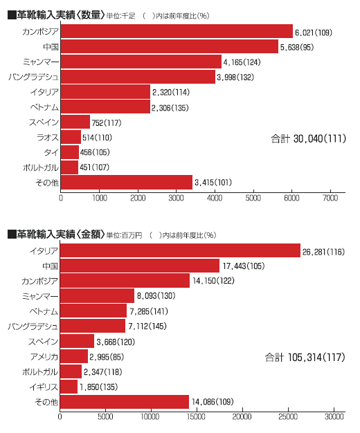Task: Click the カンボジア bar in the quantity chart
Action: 177,31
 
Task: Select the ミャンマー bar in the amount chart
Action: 97,296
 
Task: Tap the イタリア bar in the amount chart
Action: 180,250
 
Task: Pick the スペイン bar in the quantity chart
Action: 75,122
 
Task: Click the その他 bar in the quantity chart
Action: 127,182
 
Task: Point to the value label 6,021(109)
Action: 314,33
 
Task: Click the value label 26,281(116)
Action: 323,252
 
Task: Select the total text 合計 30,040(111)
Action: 308,138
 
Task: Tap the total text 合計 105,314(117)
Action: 305,358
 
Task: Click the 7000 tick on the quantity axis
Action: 330,198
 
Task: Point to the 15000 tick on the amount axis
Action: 196,416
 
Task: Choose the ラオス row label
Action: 48,137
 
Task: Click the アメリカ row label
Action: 44,357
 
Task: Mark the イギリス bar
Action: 69,387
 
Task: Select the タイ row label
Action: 51,152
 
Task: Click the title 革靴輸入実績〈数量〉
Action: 56,15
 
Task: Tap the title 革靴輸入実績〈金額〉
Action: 56,234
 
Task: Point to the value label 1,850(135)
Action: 99,387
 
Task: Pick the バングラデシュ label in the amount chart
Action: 33,326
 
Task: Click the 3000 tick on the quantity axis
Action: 176,198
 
